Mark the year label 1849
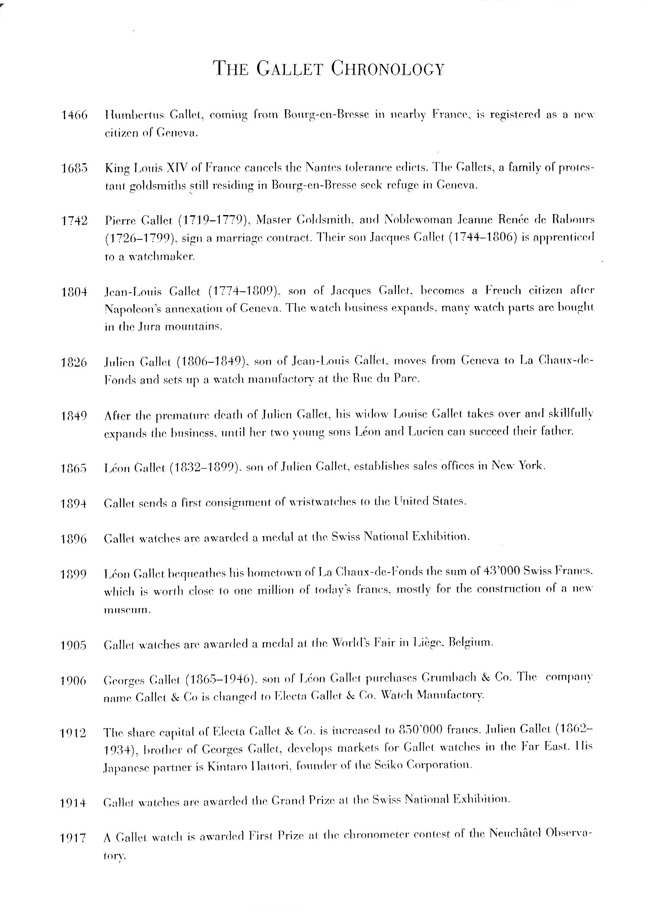pyautogui.click(x=74, y=416)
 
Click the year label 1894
pyautogui.click(x=74, y=504)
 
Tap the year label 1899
pyautogui.click(x=74, y=574)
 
